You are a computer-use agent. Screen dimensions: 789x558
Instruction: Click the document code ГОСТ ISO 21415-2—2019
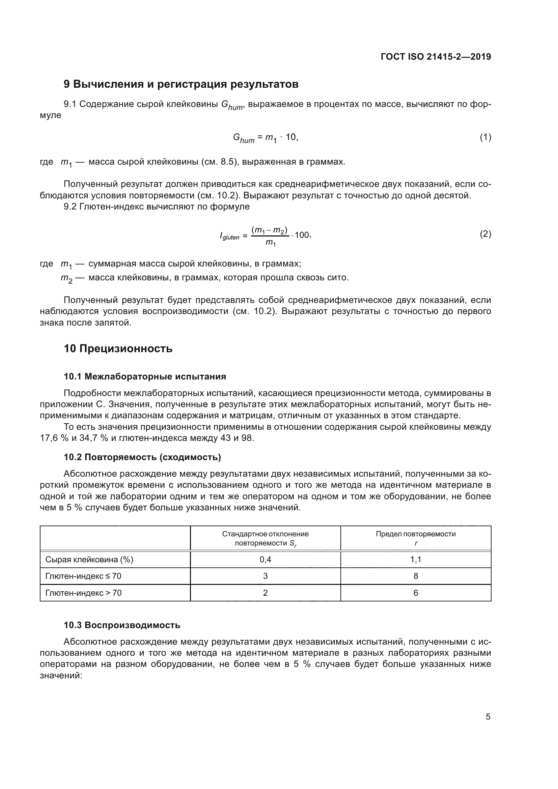point(436,57)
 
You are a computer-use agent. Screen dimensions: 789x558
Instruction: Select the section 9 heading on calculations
point(181,84)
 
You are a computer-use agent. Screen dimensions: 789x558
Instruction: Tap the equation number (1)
point(485,137)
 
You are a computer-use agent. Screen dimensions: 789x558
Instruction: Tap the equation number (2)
point(485,234)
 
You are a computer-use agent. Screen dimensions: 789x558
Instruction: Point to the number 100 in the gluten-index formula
point(302,235)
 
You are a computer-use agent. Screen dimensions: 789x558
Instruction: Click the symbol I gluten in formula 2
point(229,236)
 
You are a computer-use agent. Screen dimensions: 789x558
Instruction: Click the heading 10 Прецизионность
point(118,349)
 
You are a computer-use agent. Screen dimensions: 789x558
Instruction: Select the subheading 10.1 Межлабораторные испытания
point(145,377)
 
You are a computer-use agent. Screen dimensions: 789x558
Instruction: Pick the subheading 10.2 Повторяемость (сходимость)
point(142,457)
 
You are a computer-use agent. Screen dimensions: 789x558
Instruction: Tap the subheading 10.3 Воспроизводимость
point(122,625)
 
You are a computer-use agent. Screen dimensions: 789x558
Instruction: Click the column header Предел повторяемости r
point(415,538)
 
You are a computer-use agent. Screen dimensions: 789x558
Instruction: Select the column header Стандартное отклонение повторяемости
point(265,538)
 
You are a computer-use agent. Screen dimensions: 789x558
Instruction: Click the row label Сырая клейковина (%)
point(89,560)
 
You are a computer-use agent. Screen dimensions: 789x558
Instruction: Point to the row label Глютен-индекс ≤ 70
point(83,576)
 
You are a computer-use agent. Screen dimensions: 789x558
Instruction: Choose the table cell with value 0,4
point(265,560)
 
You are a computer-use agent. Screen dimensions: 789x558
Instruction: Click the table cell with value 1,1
point(415,560)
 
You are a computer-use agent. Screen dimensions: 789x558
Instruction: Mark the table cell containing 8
point(415,576)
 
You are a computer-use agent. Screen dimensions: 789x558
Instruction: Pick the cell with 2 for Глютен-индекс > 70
point(265,593)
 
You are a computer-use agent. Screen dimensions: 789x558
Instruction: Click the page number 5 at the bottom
point(488,717)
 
